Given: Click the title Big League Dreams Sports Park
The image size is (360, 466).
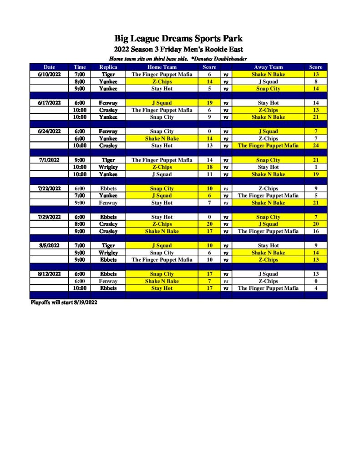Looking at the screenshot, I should [178, 39].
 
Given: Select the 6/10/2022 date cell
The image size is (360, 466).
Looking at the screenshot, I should [49, 74].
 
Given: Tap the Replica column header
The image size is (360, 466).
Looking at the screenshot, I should [108, 67].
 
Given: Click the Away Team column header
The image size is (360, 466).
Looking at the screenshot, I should [268, 67].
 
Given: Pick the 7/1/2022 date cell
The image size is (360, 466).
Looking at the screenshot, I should [49, 160].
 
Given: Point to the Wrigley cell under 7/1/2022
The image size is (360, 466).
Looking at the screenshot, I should [108, 167].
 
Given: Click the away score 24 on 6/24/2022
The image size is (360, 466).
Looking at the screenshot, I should [315, 146].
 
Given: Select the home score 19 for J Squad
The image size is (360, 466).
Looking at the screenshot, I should [209, 103].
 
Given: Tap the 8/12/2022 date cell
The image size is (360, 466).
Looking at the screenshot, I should [49, 274].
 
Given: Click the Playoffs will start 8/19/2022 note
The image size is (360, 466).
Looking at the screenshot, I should [64, 302].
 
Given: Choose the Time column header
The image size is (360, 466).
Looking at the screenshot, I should [80, 67].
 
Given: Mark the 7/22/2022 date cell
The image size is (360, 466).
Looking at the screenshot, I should [49, 188].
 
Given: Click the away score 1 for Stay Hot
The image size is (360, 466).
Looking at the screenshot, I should [315, 167].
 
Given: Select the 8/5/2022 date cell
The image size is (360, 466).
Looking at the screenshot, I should [49, 245].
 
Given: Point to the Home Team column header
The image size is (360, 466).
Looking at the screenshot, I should [162, 67].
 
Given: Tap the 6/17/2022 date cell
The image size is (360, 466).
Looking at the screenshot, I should [49, 103].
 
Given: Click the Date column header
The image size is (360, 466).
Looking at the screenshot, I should [49, 67].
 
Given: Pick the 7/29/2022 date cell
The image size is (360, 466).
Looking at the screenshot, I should [49, 217].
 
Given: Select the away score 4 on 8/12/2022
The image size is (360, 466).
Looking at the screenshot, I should [315, 288].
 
